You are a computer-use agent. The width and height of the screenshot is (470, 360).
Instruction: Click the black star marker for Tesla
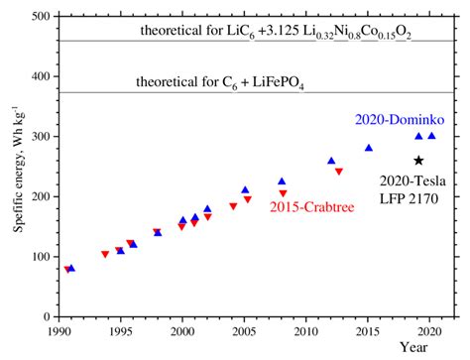click(x=418, y=161)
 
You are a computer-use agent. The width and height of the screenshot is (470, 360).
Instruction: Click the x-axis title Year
click(x=413, y=347)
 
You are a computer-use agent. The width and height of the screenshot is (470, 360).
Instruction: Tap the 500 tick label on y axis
click(x=42, y=17)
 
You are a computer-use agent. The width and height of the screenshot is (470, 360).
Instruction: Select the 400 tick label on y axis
click(x=42, y=77)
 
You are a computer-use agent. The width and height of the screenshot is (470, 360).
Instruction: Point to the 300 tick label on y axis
click(x=42, y=137)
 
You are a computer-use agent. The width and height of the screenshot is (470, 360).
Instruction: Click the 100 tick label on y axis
click(x=42, y=257)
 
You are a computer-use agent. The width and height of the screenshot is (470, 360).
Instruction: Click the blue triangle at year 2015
click(x=369, y=148)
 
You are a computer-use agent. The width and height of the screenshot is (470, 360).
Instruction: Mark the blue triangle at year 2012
click(x=331, y=161)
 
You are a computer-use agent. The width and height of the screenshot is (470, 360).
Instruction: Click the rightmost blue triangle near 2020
click(x=431, y=136)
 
